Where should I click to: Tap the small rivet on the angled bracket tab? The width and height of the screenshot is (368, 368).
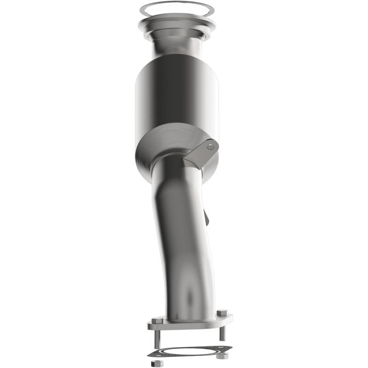pos(211,146)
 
